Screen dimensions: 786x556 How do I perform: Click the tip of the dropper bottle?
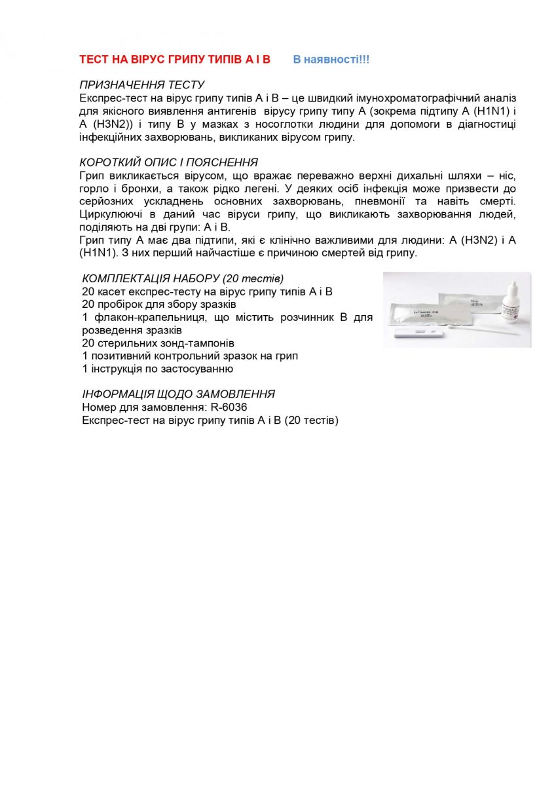click(510, 284)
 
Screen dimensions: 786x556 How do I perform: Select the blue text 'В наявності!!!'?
click(331, 60)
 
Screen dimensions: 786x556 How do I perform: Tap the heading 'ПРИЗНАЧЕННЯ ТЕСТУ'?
click(142, 85)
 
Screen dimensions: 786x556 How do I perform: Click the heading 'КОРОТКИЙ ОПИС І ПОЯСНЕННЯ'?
click(168, 162)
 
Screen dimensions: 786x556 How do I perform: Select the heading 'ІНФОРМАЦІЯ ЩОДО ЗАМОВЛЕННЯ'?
click(178, 394)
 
